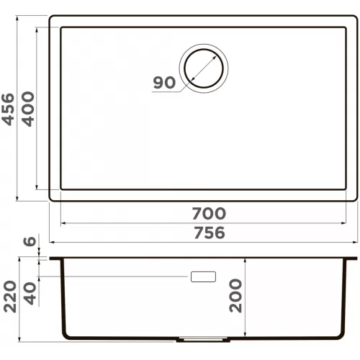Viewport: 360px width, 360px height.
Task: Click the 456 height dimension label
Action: (x=8, y=109)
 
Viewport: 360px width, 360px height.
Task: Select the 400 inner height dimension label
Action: (x=29, y=109)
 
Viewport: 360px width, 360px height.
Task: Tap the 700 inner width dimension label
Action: (x=209, y=213)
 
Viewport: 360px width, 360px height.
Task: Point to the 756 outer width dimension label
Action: (x=210, y=233)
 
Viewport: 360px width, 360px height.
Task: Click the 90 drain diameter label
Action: (x=164, y=82)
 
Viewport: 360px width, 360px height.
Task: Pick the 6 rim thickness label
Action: (x=30, y=241)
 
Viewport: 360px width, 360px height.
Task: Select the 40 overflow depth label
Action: (x=30, y=293)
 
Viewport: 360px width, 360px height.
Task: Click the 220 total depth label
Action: (x=10, y=297)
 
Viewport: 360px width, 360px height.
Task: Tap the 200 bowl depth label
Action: (x=235, y=295)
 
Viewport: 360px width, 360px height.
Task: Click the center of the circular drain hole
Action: (x=204, y=68)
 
